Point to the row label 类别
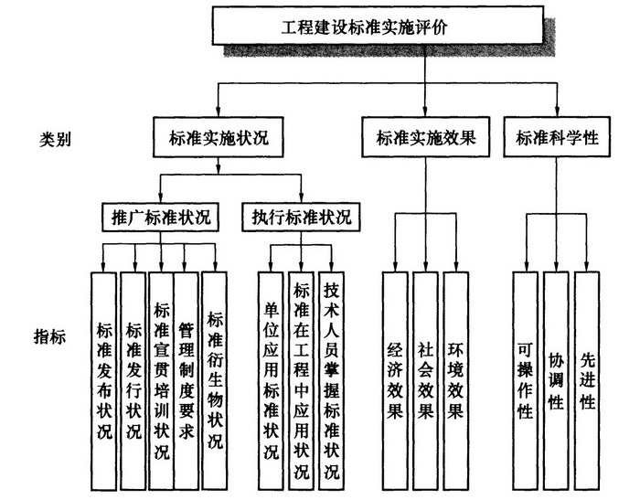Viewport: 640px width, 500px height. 56,141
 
